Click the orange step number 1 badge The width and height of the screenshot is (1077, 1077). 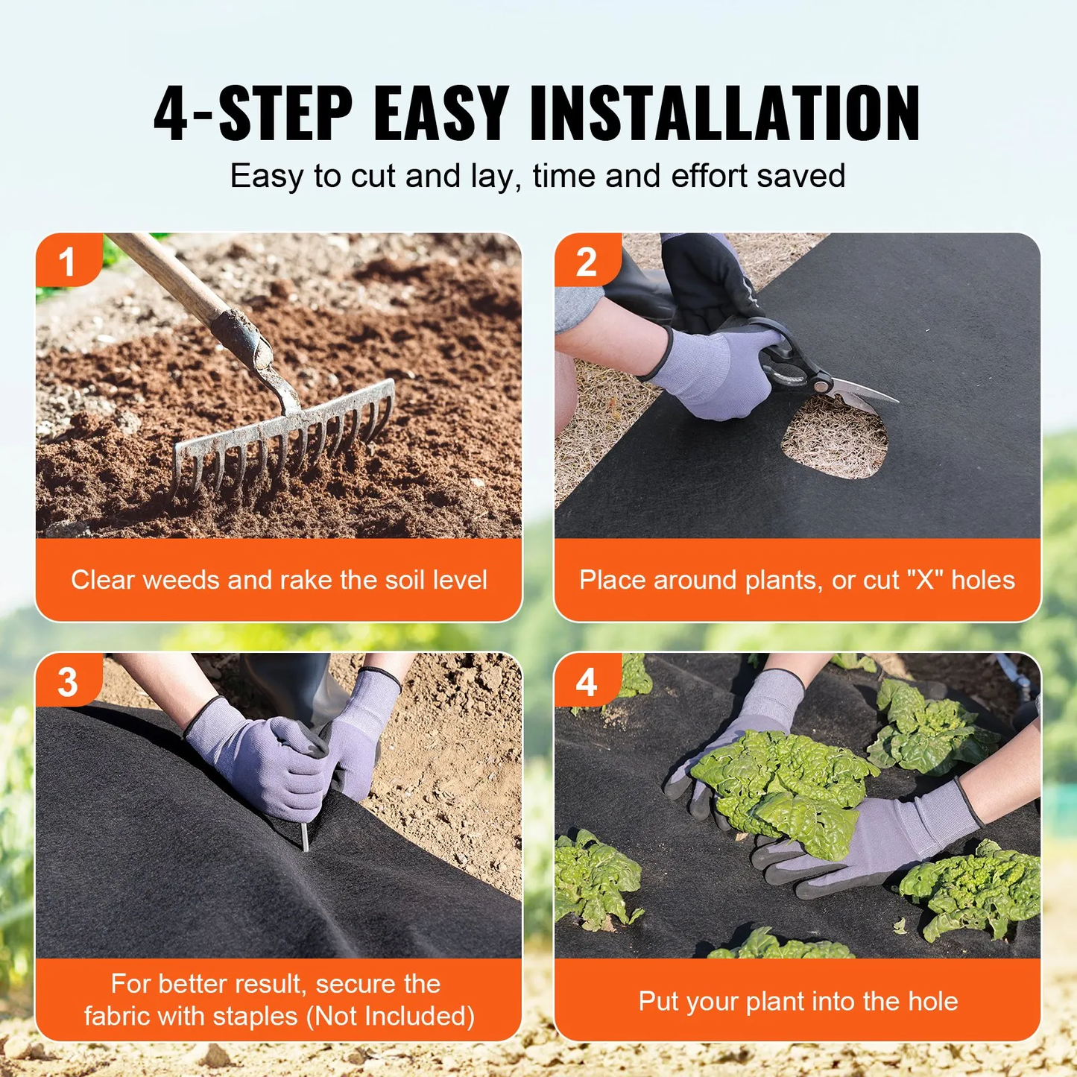(x=67, y=262)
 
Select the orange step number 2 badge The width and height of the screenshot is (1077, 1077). (x=587, y=262)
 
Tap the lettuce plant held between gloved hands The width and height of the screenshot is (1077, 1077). (x=783, y=790)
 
